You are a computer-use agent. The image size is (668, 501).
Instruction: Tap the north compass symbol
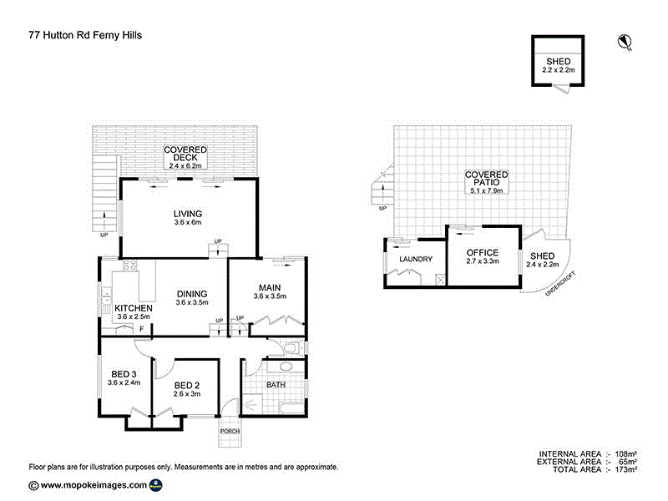click(624, 41)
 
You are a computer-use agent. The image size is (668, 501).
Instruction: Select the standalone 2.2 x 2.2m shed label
click(559, 66)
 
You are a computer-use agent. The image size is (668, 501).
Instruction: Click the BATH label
click(276, 385)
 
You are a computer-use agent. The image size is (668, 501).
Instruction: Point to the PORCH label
click(230, 431)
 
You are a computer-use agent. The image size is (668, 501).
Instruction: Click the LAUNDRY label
click(415, 259)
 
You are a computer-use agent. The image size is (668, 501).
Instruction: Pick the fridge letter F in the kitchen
click(141, 329)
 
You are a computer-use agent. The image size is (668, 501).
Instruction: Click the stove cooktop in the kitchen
click(130, 266)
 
